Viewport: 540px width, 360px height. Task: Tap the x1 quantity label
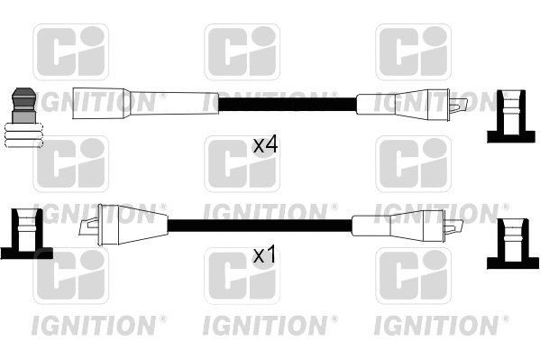[263, 255]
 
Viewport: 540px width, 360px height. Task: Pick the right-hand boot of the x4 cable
[402, 103]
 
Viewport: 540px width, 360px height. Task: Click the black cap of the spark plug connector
[23, 103]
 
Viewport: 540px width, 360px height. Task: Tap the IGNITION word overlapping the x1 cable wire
[270, 212]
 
